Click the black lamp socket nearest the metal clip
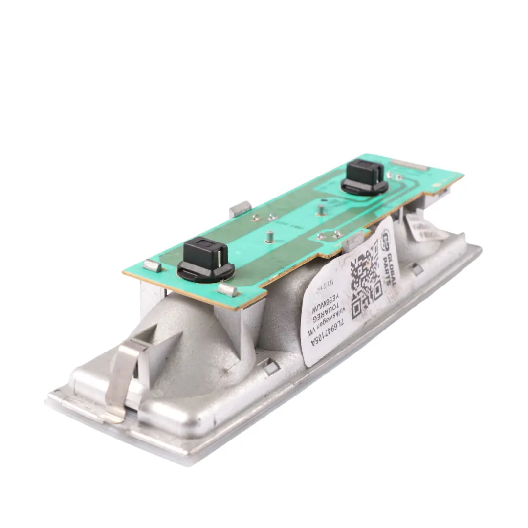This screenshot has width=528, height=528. coord(205,260)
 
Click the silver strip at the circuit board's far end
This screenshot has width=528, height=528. coord(410,165)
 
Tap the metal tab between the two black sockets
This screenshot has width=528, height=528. coord(240,209)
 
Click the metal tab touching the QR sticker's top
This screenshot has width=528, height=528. coord(353,240)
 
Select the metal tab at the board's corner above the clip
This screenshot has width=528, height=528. coord(152,266)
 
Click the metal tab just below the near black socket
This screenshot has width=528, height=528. coord(227,289)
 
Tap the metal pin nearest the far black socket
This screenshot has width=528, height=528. coord(321,211)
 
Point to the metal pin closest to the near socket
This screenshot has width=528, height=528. coord(269,237)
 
